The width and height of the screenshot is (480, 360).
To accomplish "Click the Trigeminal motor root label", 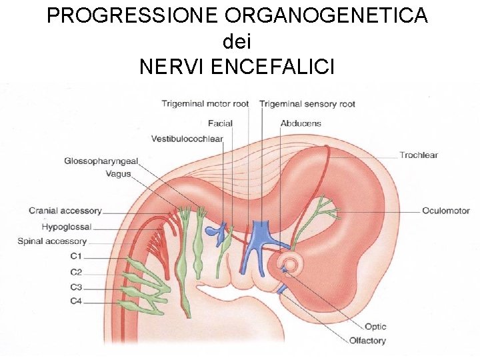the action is click(x=205, y=104).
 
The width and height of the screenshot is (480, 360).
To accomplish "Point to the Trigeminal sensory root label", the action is click(x=307, y=104).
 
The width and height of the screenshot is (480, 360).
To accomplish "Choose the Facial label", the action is click(x=220, y=123).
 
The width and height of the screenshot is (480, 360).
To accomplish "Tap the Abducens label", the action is click(x=301, y=123).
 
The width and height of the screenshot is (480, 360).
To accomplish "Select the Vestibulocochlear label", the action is click(x=187, y=139).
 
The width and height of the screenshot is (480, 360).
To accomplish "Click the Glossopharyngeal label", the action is click(x=101, y=161).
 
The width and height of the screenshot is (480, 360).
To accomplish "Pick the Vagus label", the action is click(x=118, y=174).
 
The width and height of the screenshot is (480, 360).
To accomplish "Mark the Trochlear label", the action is click(x=419, y=155).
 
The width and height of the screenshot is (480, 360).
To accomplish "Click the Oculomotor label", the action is click(x=445, y=211).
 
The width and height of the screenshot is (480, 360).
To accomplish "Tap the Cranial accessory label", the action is click(x=65, y=211).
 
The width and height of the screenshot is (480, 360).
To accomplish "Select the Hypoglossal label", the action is click(x=67, y=227).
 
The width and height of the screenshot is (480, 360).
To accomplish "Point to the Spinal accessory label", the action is click(x=52, y=241).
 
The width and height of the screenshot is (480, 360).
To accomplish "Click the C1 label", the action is click(x=76, y=256).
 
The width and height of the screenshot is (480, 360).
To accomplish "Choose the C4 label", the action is click(x=76, y=301).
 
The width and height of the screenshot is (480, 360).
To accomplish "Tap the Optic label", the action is click(x=375, y=327).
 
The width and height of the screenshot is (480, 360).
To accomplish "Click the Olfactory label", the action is click(x=367, y=341).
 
